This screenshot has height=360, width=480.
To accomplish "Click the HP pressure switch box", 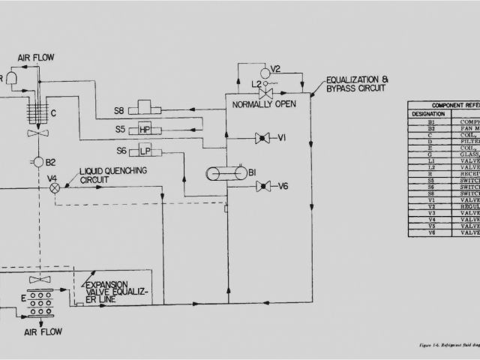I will pyautogui.click(x=145, y=130).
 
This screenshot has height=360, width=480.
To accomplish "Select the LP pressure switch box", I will pyautogui.click(x=145, y=151).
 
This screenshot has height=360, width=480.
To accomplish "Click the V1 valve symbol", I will pyautogui.click(x=262, y=138).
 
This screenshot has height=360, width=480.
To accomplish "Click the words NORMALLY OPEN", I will pyautogui.click(x=264, y=103).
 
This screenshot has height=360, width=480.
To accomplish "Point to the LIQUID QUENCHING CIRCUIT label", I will pyautogui.click(x=113, y=175).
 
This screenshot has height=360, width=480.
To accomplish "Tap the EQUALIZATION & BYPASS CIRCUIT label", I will pyautogui.click(x=356, y=85).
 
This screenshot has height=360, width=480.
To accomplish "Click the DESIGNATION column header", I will pyautogui.click(x=427, y=114).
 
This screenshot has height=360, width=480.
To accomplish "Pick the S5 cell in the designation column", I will pyautogui.click(x=430, y=180).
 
